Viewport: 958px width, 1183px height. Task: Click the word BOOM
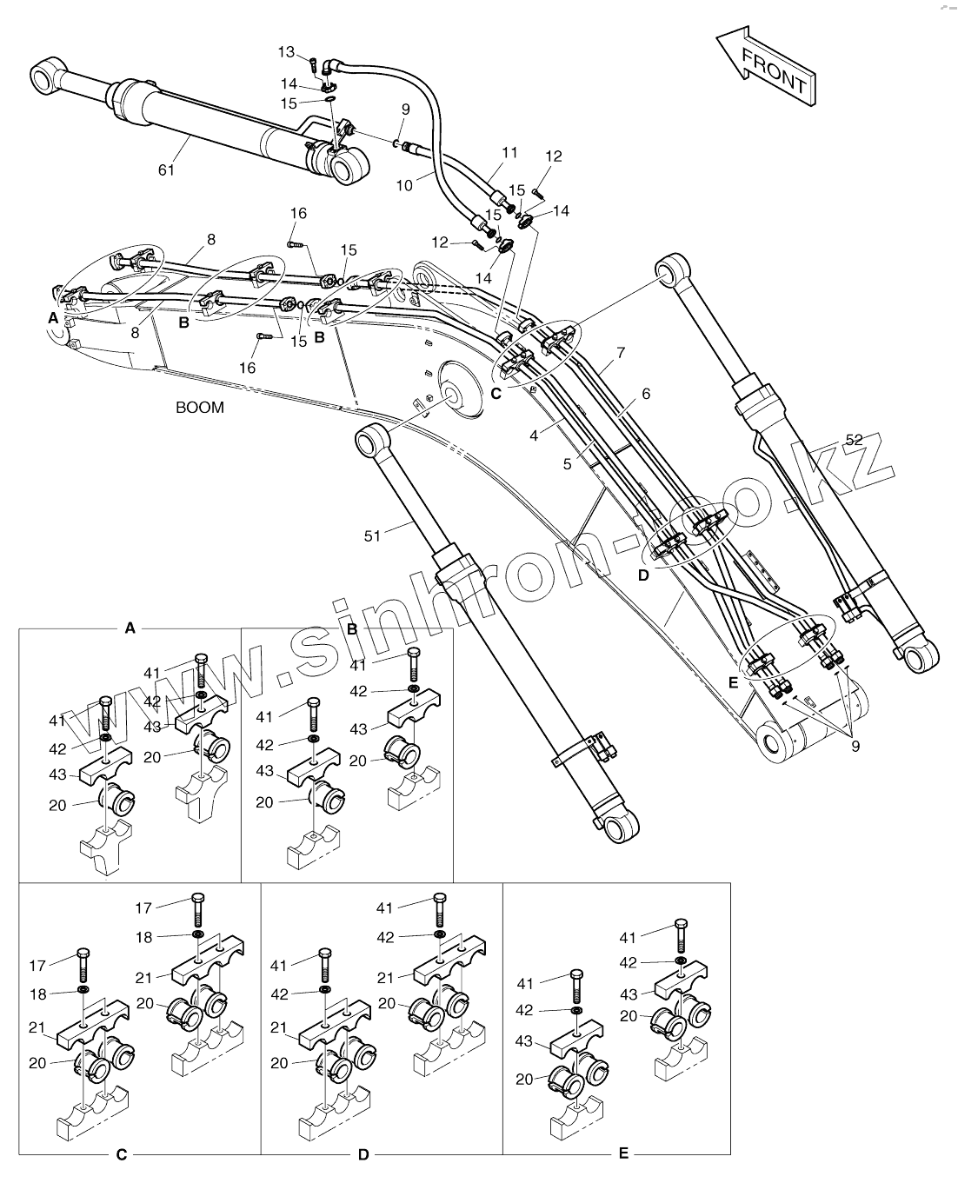pyautogui.click(x=200, y=407)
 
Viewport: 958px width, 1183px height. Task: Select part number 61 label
pyautogui.click(x=166, y=169)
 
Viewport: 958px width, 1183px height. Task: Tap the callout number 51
pyautogui.click(x=372, y=536)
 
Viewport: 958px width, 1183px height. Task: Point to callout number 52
pyautogui.click(x=854, y=440)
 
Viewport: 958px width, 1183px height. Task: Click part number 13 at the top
pyautogui.click(x=287, y=52)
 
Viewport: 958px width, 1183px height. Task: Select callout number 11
pyautogui.click(x=509, y=153)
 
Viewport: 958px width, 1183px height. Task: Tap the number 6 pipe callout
pyautogui.click(x=646, y=393)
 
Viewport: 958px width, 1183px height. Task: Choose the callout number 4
pyautogui.click(x=534, y=435)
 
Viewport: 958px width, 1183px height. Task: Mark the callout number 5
pyautogui.click(x=567, y=464)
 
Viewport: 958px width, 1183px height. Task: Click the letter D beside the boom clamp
pyautogui.click(x=643, y=575)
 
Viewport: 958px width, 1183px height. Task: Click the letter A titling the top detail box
pyautogui.click(x=130, y=627)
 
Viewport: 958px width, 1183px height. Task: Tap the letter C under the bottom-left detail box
pyautogui.click(x=122, y=1154)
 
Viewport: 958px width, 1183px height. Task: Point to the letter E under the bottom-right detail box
pyautogui.click(x=623, y=1153)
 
